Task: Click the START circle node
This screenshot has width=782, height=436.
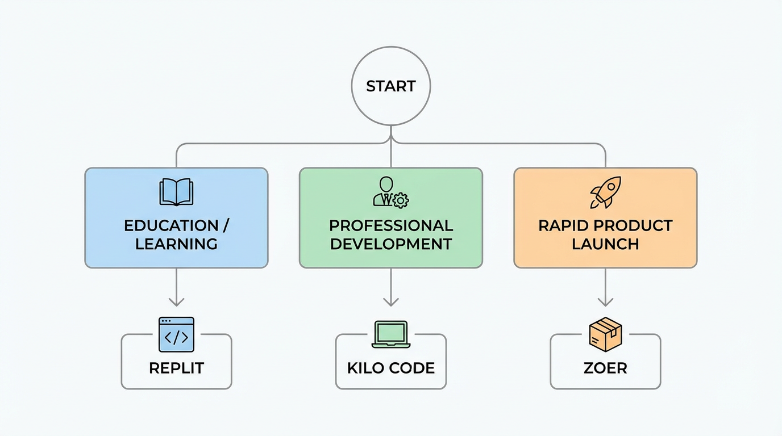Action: click(391, 86)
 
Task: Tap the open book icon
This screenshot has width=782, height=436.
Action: click(176, 192)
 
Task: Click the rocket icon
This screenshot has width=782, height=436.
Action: click(605, 192)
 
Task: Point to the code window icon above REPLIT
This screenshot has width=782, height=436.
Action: click(176, 334)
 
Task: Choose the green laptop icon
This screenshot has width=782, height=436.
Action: click(391, 334)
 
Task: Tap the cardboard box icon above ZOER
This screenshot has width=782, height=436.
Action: click(605, 333)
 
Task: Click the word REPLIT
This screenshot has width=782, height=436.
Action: click(176, 368)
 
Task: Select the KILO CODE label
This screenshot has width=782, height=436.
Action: click(391, 368)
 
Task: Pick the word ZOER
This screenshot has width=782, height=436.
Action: click(605, 368)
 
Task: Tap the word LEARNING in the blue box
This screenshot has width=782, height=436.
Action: click(176, 244)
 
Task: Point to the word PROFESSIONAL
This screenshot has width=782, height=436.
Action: click(391, 225)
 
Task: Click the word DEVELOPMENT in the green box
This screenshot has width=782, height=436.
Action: click(391, 244)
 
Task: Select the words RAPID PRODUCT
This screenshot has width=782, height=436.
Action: click(605, 225)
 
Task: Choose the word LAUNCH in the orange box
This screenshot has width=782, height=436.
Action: click(605, 244)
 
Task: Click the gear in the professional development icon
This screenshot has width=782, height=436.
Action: click(401, 200)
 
